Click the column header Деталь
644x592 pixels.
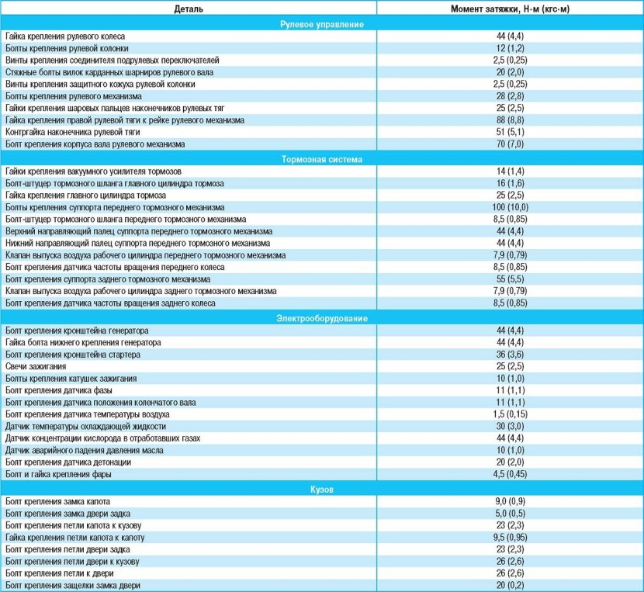(x=189, y=9)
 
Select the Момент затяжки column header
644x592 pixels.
(x=510, y=9)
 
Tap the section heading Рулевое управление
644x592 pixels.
(x=322, y=24)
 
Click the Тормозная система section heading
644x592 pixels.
(x=322, y=159)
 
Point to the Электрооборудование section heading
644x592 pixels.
(x=322, y=318)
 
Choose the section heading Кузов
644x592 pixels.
(x=322, y=490)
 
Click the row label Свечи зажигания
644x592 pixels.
(x=36, y=366)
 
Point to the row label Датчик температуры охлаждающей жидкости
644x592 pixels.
(x=85, y=426)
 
